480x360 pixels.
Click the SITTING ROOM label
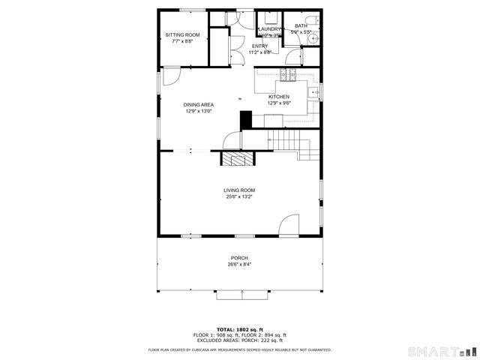pos(182,35)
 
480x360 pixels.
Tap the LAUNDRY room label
pos(269,29)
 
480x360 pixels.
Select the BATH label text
pos(301,26)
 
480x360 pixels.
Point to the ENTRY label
pos(259,46)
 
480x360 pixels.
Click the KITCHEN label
pos(279,97)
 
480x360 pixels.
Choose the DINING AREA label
pos(199,105)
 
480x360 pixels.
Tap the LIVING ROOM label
pos(239,190)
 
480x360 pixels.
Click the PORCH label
pos(239,258)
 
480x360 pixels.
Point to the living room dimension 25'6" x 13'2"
pos(239,197)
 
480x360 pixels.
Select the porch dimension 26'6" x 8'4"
pos(239,265)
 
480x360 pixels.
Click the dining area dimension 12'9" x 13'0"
pos(199,111)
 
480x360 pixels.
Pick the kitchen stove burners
pos(285,73)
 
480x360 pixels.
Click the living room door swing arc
pos(287,225)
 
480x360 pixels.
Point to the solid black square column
pos(244,120)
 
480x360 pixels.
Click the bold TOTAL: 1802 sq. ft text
pos(239,329)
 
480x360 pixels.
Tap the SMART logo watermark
pos(442,351)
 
